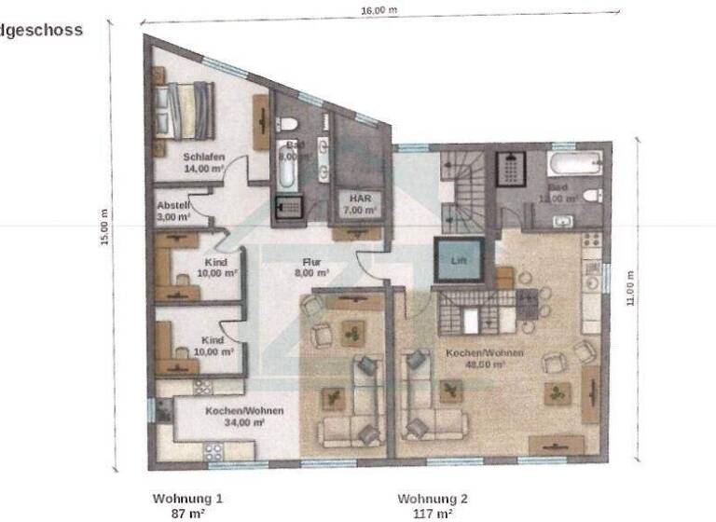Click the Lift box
click(458, 261)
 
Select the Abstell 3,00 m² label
click(174, 211)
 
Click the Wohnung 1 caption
click(187, 499)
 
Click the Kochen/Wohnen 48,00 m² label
click(484, 359)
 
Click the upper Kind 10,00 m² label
click(214, 268)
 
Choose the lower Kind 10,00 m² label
click(213, 347)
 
